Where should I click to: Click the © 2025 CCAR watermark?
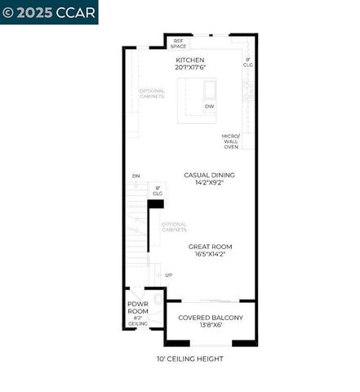pyautogui.click(x=49, y=11)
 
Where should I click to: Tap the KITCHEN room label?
pyautogui.click(x=190, y=60)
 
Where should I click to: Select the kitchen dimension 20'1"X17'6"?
pyautogui.click(x=190, y=68)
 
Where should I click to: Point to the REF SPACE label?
pyautogui.click(x=179, y=43)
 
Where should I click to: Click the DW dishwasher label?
pyautogui.click(x=210, y=106)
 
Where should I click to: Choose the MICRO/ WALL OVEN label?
pyautogui.click(x=231, y=141)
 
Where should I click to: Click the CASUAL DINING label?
pyautogui.click(x=210, y=175)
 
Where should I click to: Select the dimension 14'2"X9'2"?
pyautogui.click(x=210, y=183)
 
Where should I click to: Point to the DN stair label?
pyautogui.click(x=136, y=176)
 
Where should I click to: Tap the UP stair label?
pyautogui.click(x=169, y=274)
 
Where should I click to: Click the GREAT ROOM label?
pyautogui.click(x=210, y=246)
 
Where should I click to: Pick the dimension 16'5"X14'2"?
pyautogui.click(x=210, y=254)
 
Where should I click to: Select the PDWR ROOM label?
pyautogui.click(x=138, y=308)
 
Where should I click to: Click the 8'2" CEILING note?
pyautogui.click(x=138, y=321)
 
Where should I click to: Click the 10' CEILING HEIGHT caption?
pyautogui.click(x=189, y=359)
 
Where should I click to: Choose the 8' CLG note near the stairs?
pyautogui.click(x=158, y=190)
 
